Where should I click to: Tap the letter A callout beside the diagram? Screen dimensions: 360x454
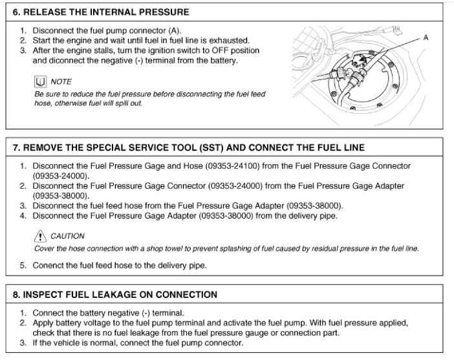(426, 38)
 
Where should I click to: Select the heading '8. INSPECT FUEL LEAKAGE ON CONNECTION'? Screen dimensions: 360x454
(115, 295)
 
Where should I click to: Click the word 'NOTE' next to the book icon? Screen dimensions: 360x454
(61, 81)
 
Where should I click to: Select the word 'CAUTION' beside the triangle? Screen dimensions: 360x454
(67, 237)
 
